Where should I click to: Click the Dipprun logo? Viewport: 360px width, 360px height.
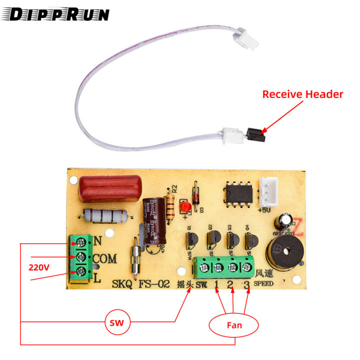point(59,14)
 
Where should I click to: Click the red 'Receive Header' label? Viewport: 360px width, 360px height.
point(302,94)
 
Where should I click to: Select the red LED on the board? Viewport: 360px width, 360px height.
point(184,206)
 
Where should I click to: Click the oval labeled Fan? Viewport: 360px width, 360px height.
point(234,325)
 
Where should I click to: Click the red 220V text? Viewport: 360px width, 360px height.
point(38,267)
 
